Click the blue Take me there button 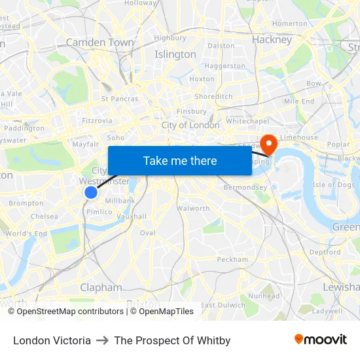pyautogui.click(x=180, y=161)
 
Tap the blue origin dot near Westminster pyautogui.click(x=91, y=192)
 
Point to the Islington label pyautogui.click(x=175, y=54)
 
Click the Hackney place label pyautogui.click(x=272, y=40)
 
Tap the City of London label pyautogui.click(x=190, y=125)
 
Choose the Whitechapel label pyautogui.click(x=247, y=122)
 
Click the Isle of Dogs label pyautogui.click(x=334, y=185)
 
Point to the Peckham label pyautogui.click(x=232, y=259)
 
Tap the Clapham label pyautogui.click(x=101, y=287)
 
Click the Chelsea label pyautogui.click(x=44, y=216)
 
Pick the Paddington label pyautogui.click(x=24, y=129)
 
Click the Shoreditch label pyautogui.click(x=213, y=96)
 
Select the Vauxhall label pyautogui.click(x=132, y=216)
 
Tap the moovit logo pyautogui.click(x=321, y=340)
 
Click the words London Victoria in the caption pyautogui.click(x=52, y=340)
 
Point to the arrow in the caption pyautogui.click(x=102, y=340)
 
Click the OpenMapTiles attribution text pyautogui.click(x=163, y=312)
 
